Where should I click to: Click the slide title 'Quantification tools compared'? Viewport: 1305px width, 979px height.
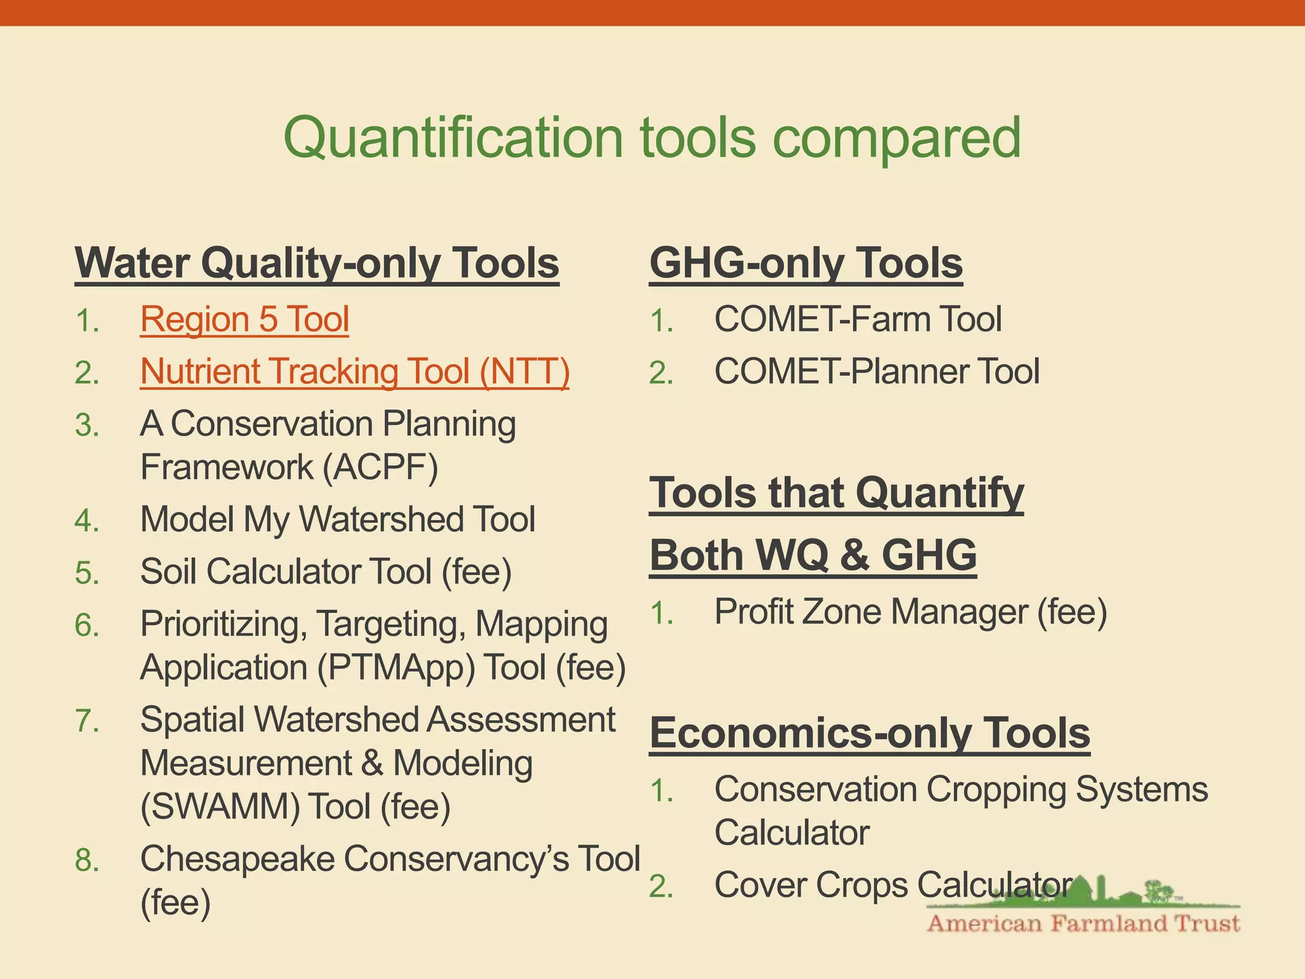coord(652,138)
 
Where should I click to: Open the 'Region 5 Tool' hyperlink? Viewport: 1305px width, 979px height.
coord(245,319)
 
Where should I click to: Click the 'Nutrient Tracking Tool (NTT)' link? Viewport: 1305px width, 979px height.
coord(354,372)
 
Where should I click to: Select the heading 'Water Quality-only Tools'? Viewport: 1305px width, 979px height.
coord(317,263)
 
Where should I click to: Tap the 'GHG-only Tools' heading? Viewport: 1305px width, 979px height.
coord(806,263)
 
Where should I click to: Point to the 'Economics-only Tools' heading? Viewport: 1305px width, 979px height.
coord(870,733)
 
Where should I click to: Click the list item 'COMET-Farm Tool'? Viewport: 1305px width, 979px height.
coord(858,319)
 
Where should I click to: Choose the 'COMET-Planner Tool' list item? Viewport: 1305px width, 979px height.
coord(877,372)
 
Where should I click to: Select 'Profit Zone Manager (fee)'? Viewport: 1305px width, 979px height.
coord(911,612)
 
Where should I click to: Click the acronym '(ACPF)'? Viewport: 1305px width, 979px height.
coord(380,467)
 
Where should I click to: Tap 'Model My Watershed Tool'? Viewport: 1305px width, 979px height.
coord(337,519)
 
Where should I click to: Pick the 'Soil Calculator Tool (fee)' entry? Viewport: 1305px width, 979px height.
coord(326,572)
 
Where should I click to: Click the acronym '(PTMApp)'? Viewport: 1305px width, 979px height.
coord(395,668)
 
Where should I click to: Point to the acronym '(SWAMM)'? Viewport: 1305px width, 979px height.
coord(220,807)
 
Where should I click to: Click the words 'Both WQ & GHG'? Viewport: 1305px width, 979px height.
coord(813,555)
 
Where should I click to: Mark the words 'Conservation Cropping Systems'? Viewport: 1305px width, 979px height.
coord(961,790)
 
